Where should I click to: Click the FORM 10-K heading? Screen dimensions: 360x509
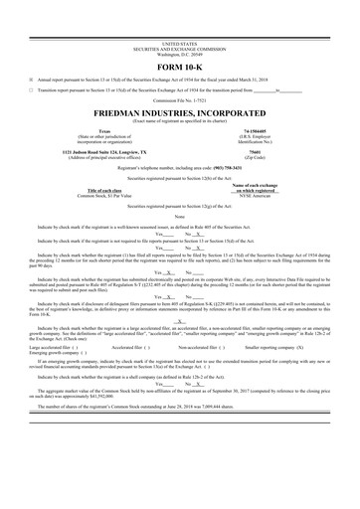click(x=179, y=67)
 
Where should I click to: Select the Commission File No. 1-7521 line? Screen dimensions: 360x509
click(x=179, y=100)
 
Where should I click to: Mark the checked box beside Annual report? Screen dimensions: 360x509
click(x=31, y=81)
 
